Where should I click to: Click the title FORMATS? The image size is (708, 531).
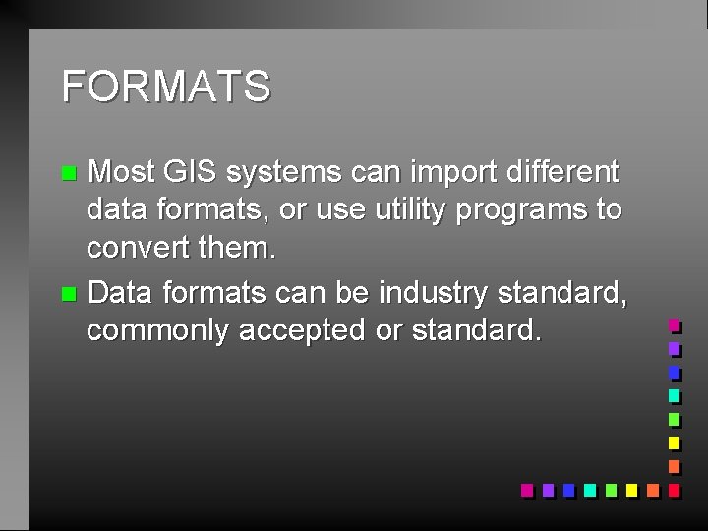tap(165, 87)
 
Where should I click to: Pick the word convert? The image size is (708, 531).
tap(138, 248)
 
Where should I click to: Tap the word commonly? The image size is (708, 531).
tap(156, 331)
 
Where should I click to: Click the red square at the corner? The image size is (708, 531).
tap(674, 489)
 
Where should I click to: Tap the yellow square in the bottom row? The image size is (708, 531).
tap(630, 489)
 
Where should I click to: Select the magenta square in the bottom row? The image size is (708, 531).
tap(526, 489)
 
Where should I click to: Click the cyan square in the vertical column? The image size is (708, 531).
tap(674, 395)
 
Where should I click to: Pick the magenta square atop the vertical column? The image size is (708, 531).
tap(674, 324)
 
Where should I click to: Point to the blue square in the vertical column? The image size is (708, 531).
tap(674, 372)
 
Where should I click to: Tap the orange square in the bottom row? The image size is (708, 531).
tap(652, 489)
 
